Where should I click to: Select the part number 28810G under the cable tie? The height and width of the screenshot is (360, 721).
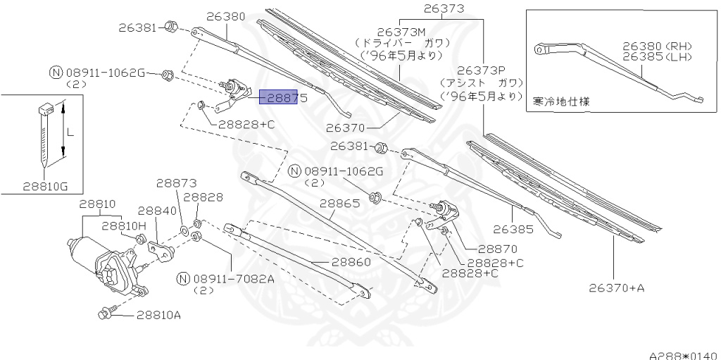[45, 186]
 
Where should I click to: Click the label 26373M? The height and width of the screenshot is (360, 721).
[402, 31]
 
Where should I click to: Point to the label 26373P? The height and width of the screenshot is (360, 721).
[482, 70]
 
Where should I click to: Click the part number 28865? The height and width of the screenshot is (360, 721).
[340, 203]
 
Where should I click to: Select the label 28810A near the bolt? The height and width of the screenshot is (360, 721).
[158, 314]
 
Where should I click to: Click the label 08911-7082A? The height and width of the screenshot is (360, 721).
[239, 278]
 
